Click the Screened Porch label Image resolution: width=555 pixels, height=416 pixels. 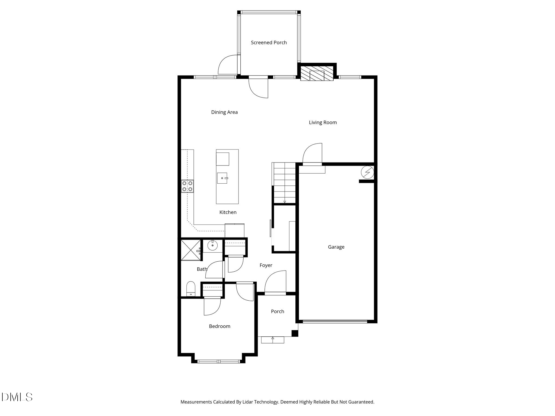[269, 43]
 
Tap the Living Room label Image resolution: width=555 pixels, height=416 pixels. [323, 122]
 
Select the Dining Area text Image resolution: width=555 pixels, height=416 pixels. [224, 112]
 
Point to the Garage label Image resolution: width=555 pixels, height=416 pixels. [336, 247]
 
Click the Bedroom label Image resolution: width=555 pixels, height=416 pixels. [220, 326]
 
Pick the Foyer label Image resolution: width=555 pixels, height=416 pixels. [266, 265]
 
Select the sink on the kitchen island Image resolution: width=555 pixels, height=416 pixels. [222, 178]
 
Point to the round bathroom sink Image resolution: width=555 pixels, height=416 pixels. [212, 246]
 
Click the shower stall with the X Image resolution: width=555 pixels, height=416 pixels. [191, 250]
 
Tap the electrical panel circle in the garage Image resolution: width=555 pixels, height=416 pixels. [367, 172]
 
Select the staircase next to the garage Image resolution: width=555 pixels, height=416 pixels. [284, 183]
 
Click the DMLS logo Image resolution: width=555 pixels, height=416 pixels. [17, 397]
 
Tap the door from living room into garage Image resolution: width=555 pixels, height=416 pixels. [312, 154]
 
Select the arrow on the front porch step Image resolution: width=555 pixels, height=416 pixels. [273, 338]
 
